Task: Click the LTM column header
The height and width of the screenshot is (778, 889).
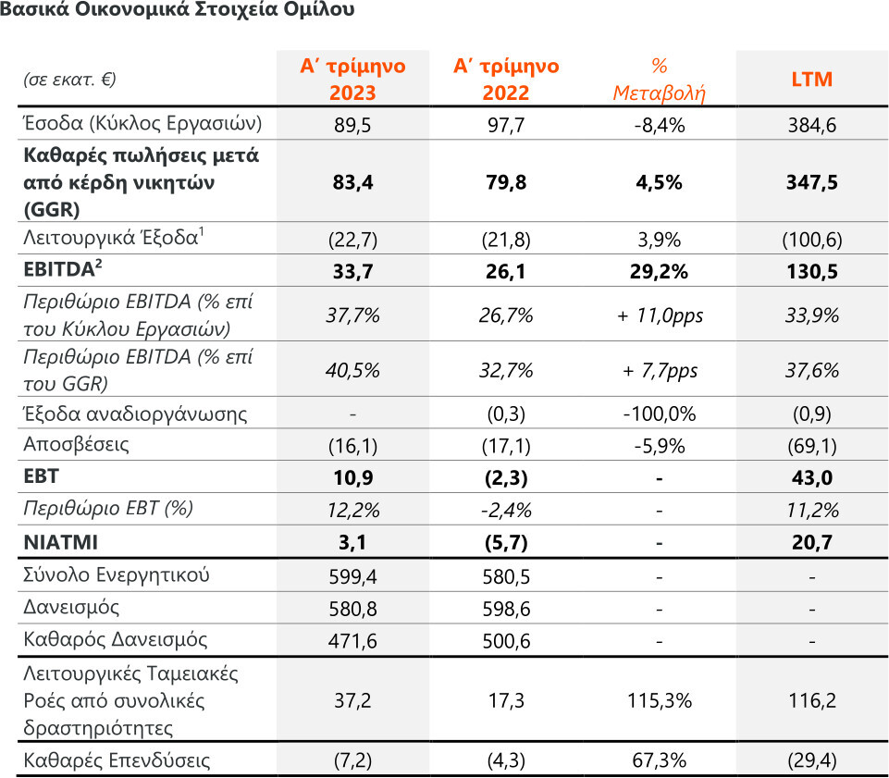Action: pos(811,80)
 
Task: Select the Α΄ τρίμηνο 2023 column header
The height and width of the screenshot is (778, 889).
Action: pos(353,80)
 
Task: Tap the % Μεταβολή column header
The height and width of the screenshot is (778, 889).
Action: pos(660,80)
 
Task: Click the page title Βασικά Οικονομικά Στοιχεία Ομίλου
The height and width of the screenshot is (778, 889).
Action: pos(176,12)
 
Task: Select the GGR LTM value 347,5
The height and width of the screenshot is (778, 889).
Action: pos(811,183)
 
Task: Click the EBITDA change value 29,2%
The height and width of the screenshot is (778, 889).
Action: pos(660,272)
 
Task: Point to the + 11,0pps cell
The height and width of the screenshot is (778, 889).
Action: pos(660,315)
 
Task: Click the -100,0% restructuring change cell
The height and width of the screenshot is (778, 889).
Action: pos(660,414)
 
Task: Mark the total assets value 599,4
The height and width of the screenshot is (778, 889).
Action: pos(353,575)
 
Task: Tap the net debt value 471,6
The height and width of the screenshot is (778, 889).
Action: pos(353,640)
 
